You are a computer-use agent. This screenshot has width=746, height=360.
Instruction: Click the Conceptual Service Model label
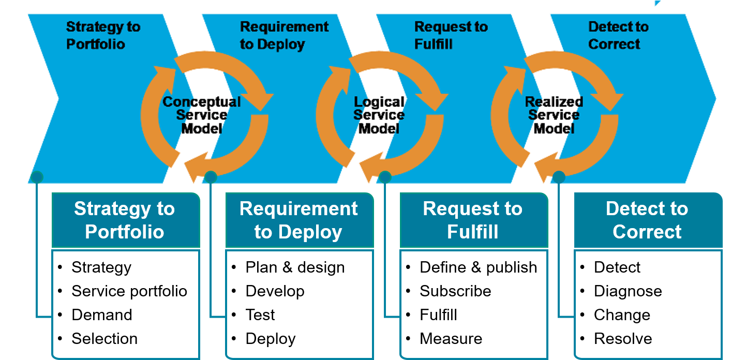coord(202,115)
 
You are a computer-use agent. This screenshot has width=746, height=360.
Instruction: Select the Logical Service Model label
coord(379,115)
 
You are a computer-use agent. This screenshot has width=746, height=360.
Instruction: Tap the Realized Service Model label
coord(554,115)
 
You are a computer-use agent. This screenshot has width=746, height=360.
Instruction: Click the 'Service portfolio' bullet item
coord(129,291)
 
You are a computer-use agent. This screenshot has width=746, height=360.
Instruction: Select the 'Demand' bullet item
coord(102,315)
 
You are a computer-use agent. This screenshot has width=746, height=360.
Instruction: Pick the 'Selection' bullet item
coord(105,339)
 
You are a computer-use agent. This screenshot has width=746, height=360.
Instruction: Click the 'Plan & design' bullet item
coord(295,267)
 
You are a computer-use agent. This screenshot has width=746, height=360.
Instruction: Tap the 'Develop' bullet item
coord(275,291)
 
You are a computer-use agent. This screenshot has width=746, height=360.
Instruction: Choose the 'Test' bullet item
coord(260,315)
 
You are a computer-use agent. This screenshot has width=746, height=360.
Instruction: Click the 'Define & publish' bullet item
coord(478,267)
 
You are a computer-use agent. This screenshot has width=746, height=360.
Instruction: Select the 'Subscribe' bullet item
coord(455,291)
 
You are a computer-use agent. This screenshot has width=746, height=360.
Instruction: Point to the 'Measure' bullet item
coord(451,339)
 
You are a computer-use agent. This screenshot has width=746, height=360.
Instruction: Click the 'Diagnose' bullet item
coord(628,291)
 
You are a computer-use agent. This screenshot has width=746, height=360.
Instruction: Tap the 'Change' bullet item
coord(622,315)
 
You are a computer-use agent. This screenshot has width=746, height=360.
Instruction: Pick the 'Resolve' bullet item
coord(623,339)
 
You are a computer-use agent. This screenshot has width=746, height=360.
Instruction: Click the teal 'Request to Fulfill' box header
coord(473,220)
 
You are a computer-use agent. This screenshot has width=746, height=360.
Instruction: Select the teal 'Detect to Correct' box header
coord(647,220)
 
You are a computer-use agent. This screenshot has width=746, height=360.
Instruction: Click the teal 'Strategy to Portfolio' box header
coord(125,220)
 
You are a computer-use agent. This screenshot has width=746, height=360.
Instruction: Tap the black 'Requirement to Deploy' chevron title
coord(284,36)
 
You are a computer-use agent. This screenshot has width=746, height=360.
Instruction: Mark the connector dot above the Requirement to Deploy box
coord(211,177)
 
